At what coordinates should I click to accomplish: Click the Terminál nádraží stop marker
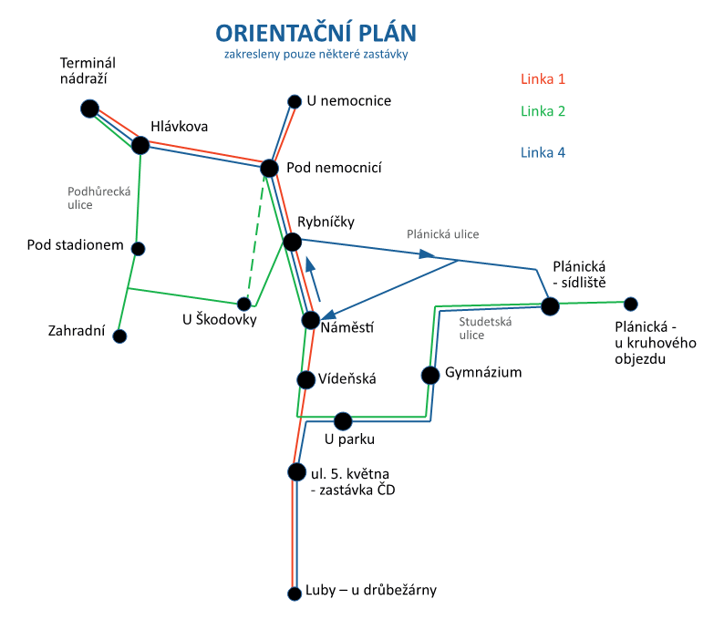89,109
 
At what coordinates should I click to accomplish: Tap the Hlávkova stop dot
140,145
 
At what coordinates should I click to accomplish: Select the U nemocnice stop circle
295,102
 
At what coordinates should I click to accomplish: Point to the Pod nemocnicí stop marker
269,169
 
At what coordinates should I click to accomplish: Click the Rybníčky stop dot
292,242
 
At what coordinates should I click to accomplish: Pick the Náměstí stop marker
311,321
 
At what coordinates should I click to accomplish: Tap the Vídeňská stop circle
305,379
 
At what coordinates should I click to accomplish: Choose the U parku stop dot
343,421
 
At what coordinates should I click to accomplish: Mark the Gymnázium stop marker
430,375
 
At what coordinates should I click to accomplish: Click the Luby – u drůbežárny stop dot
295,594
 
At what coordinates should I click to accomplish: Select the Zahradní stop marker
119,336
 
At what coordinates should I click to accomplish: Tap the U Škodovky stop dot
243,304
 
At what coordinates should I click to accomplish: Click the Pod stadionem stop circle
139,248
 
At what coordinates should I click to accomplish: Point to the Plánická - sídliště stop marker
550,306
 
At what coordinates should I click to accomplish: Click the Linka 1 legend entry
543,78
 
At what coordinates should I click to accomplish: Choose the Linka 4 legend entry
543,152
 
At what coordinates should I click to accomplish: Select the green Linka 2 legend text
543,111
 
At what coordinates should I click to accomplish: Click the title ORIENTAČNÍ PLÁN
315,33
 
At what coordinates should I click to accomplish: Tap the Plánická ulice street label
442,234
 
